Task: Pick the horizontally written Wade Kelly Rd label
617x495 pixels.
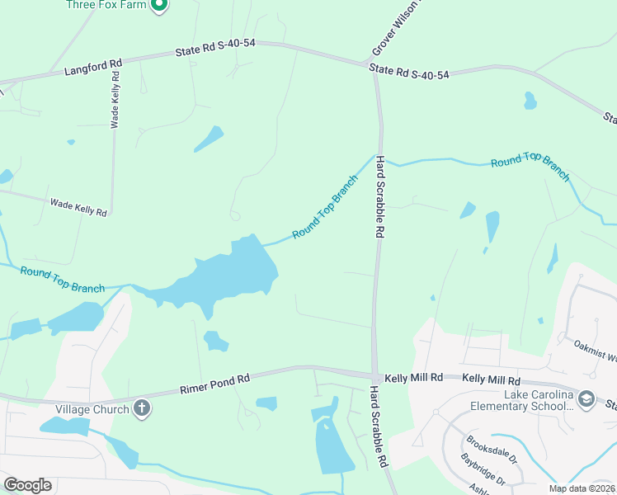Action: [x=78, y=207]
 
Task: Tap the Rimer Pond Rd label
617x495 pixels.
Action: [x=214, y=383]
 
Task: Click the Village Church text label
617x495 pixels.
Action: [x=92, y=409]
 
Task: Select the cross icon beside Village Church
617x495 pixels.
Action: [x=142, y=408]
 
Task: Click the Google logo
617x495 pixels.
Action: [x=27, y=485]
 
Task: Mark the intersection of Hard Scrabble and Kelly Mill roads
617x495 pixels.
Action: [x=374, y=375]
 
